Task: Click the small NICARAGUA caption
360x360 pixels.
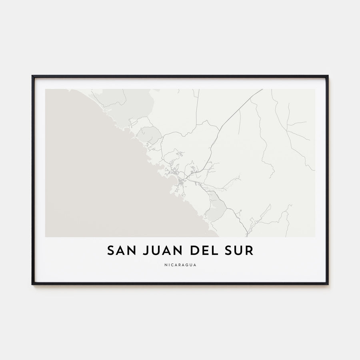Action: coord(180,264)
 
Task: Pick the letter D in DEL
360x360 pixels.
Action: coord(188,250)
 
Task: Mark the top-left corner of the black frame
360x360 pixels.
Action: coord(33,76)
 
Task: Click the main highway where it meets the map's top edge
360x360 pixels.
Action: coord(262,90)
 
